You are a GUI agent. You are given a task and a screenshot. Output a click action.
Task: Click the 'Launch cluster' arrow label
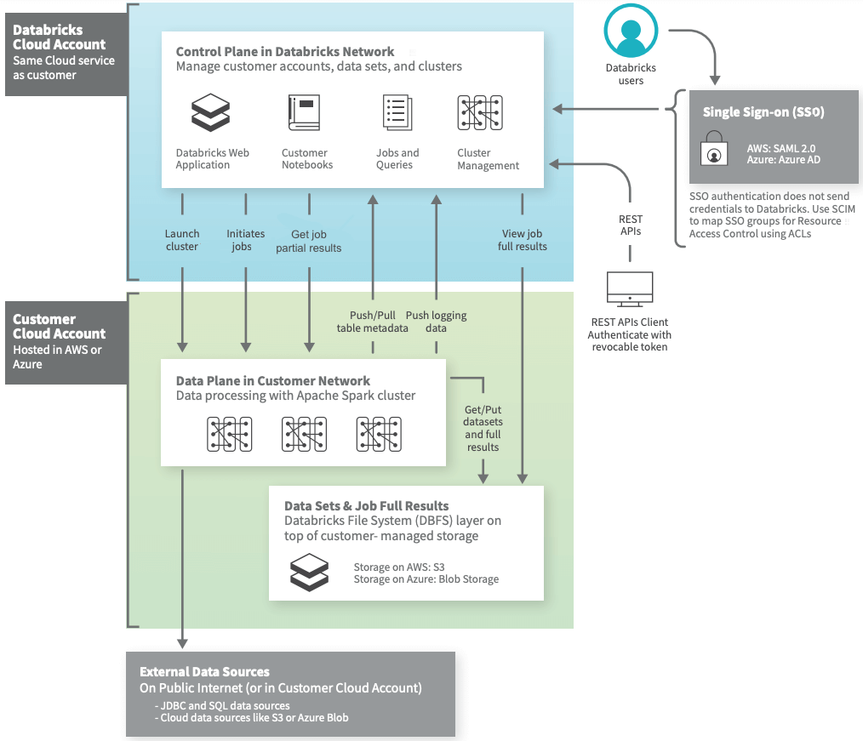tap(182, 240)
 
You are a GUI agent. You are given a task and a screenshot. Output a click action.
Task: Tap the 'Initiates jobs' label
tap(246, 240)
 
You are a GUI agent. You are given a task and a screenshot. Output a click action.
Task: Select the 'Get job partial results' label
tap(309, 241)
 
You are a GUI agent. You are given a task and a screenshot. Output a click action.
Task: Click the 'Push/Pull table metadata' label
tap(372, 322)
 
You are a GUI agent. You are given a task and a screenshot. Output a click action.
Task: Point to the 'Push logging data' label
tap(436, 322)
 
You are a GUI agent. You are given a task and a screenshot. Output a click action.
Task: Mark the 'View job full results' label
tap(522, 240)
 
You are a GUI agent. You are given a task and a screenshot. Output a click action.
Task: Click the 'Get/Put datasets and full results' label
tap(483, 428)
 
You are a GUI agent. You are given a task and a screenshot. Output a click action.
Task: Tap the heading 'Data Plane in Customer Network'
tap(273, 381)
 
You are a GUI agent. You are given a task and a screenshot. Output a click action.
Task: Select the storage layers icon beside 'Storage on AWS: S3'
tap(308, 572)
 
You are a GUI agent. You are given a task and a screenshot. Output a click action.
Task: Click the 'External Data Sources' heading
tap(204, 671)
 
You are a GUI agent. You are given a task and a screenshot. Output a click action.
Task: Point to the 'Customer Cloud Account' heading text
tap(59, 327)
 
